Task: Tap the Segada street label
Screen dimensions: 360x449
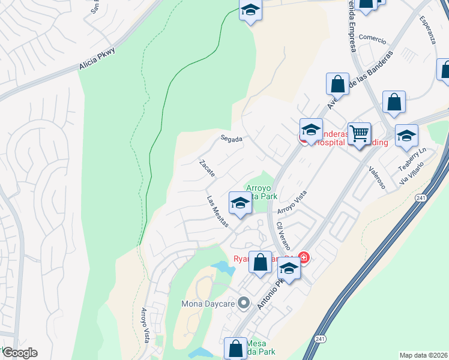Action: pos(231,139)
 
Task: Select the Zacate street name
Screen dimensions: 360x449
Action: pos(207,167)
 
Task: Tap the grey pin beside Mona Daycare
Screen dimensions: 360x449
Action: pos(244,303)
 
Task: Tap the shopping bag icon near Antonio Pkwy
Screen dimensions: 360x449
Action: pos(260,262)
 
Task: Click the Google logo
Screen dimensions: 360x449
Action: pos(19,353)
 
